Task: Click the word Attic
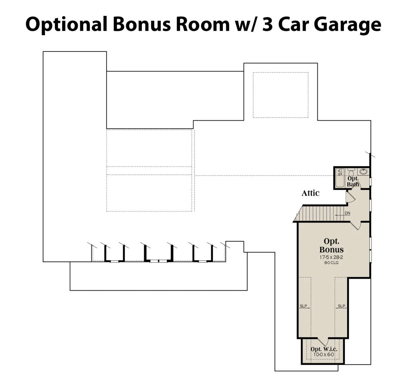pyautogui.click(x=310, y=193)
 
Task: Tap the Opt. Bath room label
pyautogui.click(x=353, y=181)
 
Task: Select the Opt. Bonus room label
pyautogui.click(x=331, y=245)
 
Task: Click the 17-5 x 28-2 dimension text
pyautogui.click(x=331, y=257)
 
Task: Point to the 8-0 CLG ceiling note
pyautogui.click(x=331, y=263)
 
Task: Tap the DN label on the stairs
pyautogui.click(x=347, y=213)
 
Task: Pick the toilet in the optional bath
pyautogui.click(x=351, y=172)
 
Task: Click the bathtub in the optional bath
pyautogui.click(x=340, y=178)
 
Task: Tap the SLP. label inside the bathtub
pyautogui.click(x=339, y=172)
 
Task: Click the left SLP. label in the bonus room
pyautogui.click(x=304, y=306)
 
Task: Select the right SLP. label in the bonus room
pyautogui.click(x=342, y=306)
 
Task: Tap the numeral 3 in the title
pyautogui.click(x=268, y=24)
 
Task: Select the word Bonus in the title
pyautogui.click(x=142, y=24)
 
